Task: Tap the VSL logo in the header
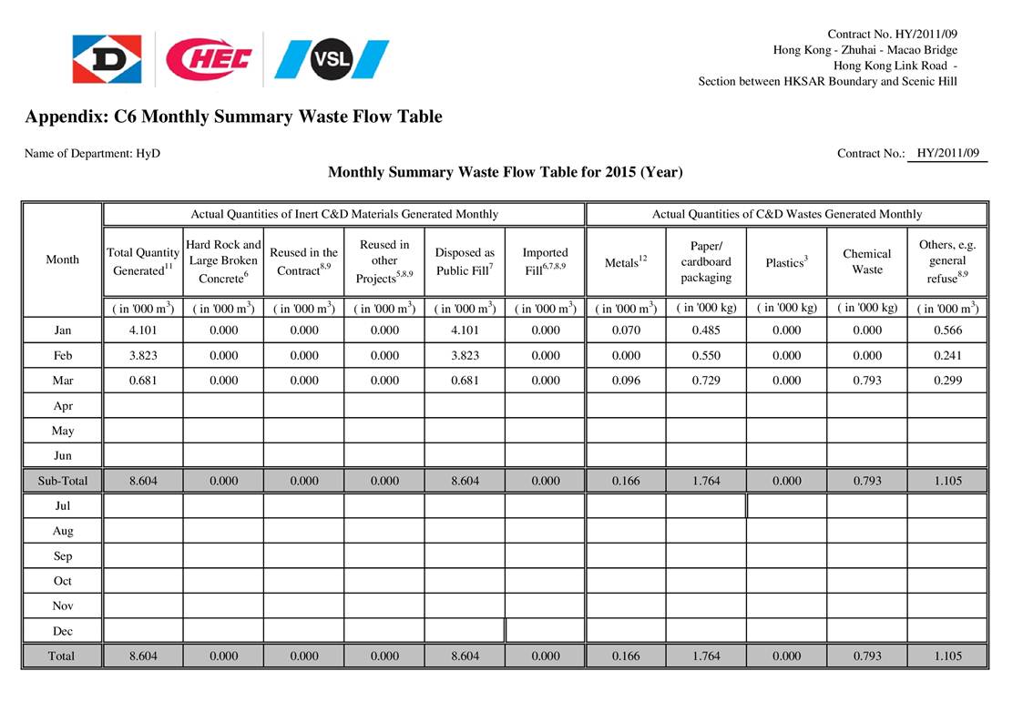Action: tap(332, 60)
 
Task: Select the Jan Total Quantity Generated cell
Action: tap(143, 330)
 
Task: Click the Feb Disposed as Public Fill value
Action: tap(465, 356)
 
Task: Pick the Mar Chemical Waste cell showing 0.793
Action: tap(867, 381)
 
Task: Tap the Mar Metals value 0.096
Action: tap(626, 381)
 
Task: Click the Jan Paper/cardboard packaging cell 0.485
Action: tap(706, 330)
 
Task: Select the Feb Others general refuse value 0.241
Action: tap(947, 356)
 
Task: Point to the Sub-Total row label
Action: tap(62, 481)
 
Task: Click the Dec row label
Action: tap(62, 631)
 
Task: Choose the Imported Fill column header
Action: tap(546, 260)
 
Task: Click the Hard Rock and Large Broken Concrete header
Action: tap(223, 260)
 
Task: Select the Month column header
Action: tap(62, 259)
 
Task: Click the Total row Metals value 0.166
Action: tap(626, 656)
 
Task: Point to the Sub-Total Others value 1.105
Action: tap(947, 481)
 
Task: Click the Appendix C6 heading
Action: tap(233, 117)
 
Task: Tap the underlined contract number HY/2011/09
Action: tap(947, 153)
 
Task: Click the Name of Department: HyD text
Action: tap(92, 153)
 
